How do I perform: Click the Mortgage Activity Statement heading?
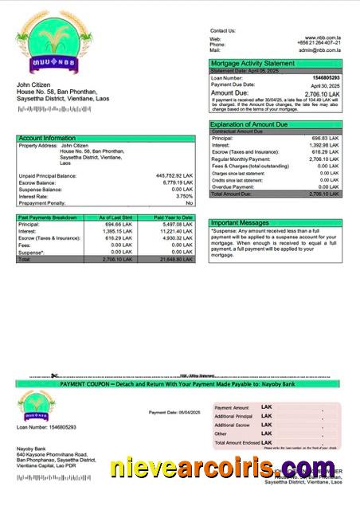(252, 63)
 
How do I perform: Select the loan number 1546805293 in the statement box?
(326, 78)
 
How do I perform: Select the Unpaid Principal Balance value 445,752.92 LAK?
(170, 175)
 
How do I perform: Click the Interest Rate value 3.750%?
(184, 196)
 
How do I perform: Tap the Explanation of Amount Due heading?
(248, 124)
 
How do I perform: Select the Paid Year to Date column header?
(173, 217)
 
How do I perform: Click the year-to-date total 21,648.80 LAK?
(176, 260)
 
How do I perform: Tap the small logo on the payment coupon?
(37, 406)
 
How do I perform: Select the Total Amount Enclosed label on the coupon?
(237, 442)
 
